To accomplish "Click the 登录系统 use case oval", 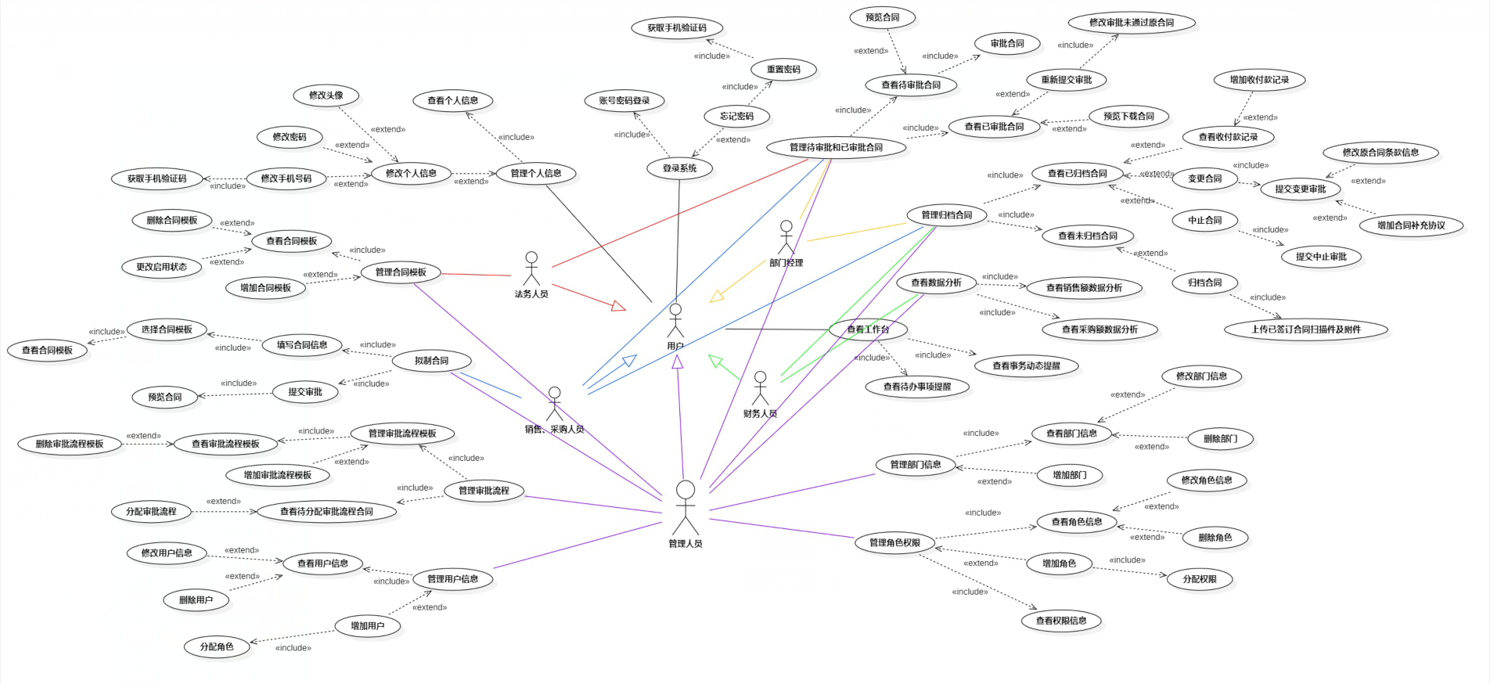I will pyautogui.click(x=679, y=168).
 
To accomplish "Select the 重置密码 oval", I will pyautogui.click(x=783, y=70).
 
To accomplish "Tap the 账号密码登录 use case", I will pyautogui.click(x=624, y=101).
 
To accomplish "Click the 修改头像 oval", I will pyautogui.click(x=326, y=95).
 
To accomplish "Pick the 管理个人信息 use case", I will pyautogui.click(x=536, y=174).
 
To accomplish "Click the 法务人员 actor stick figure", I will pyautogui.click(x=531, y=268).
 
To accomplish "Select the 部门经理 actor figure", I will pyautogui.click(x=786, y=236).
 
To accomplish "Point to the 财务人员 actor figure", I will pyautogui.click(x=760, y=388).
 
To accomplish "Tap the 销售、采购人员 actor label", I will pyautogui.click(x=554, y=429).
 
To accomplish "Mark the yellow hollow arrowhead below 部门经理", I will pyautogui.click(x=716, y=297).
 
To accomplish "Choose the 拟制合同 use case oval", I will pyautogui.click(x=432, y=361).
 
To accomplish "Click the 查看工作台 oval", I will pyautogui.click(x=868, y=329).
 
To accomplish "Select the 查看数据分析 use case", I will pyautogui.click(x=936, y=283).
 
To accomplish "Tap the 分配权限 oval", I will pyautogui.click(x=1199, y=579).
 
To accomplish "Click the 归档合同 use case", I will pyautogui.click(x=1204, y=283).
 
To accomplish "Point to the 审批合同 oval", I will pyautogui.click(x=1007, y=44).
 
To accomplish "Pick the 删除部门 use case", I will pyautogui.click(x=1220, y=439).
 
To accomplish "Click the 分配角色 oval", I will pyautogui.click(x=217, y=647).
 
